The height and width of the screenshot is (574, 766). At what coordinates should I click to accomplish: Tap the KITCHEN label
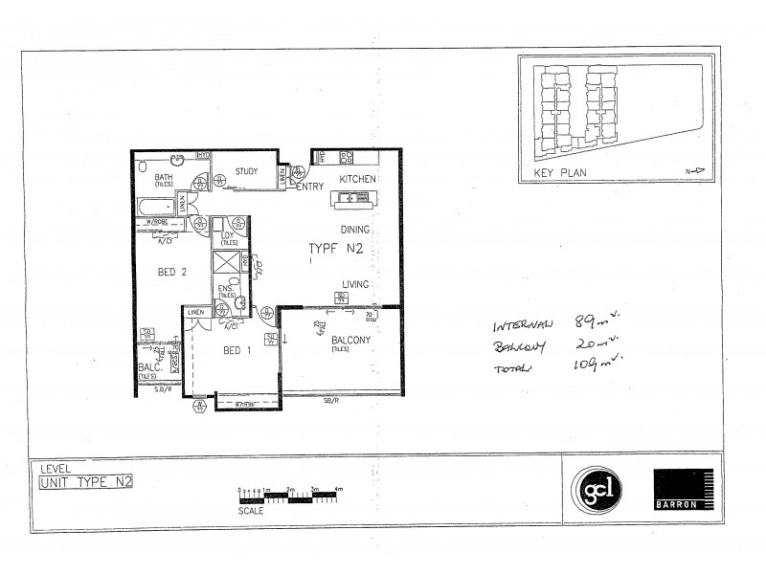(357, 180)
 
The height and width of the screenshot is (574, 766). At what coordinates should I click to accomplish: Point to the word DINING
(356, 231)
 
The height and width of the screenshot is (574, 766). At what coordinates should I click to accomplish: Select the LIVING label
(358, 283)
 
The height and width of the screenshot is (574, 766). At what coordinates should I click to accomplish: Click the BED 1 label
(237, 350)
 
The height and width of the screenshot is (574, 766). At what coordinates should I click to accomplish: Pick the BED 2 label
(171, 272)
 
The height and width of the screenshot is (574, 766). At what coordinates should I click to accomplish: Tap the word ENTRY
(310, 187)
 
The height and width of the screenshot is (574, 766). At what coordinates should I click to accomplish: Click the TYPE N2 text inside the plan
(334, 249)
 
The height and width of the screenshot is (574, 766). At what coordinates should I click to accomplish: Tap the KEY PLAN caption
(562, 173)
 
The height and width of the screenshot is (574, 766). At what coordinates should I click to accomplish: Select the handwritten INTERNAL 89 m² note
(552, 323)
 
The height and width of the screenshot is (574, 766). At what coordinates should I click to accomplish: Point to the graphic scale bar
(287, 497)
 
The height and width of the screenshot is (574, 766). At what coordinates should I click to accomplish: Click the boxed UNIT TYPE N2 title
(85, 482)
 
